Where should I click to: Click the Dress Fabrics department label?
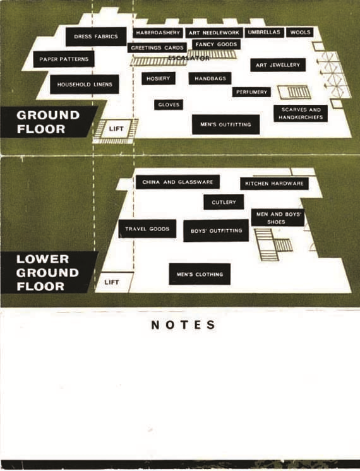pyautogui.click(x=96, y=37)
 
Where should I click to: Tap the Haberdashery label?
pyautogui.click(x=158, y=33)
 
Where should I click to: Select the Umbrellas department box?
pyautogui.click(x=264, y=32)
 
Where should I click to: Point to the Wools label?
pyautogui.click(x=300, y=32)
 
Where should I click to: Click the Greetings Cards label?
pyautogui.click(x=157, y=48)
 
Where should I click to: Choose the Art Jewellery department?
pyautogui.click(x=278, y=65)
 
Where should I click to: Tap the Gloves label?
pyautogui.click(x=169, y=105)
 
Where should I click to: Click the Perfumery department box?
pyautogui.click(x=251, y=92)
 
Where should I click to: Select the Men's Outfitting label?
pyautogui.click(x=225, y=124)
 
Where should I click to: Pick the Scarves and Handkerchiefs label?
pyautogui.click(x=301, y=113)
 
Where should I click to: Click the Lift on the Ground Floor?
pyautogui.click(x=116, y=129)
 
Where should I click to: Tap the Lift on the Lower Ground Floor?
pyautogui.click(x=112, y=282)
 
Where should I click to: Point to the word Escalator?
pyautogui.click(x=189, y=58)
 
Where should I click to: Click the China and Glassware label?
pyautogui.click(x=177, y=182)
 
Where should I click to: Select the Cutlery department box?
pyautogui.click(x=224, y=202)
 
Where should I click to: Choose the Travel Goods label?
pyautogui.click(x=147, y=229)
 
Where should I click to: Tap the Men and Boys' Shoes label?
pyautogui.click(x=278, y=218)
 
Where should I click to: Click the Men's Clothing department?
pyautogui.click(x=200, y=274)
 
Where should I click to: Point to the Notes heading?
pyautogui.click(x=184, y=325)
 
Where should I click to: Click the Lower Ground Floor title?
pyautogui.click(x=47, y=273)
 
